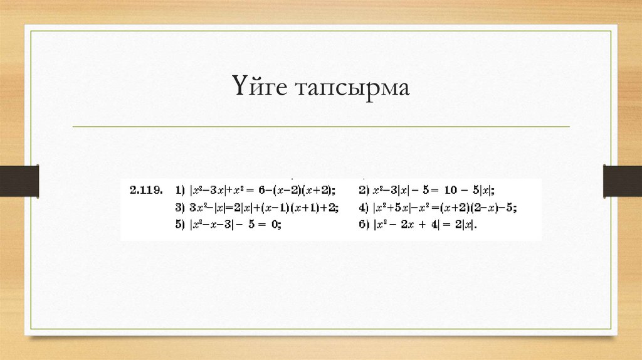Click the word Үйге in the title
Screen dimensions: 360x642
(x=260, y=88)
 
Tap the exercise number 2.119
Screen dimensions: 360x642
(x=146, y=189)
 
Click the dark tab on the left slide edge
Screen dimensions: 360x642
(x=19, y=181)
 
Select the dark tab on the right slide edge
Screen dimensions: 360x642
(x=623, y=181)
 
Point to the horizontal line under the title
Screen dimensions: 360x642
(x=321, y=127)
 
